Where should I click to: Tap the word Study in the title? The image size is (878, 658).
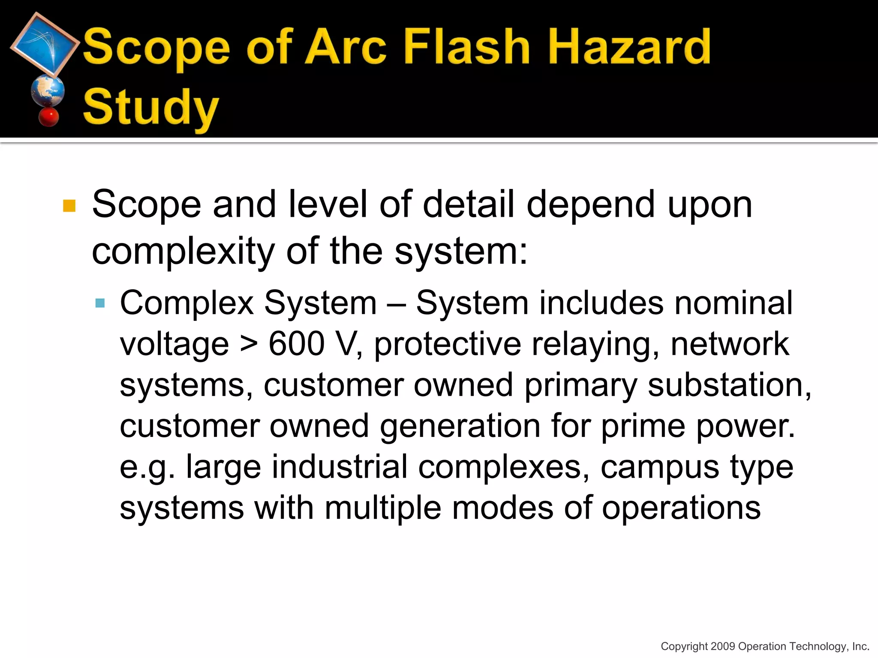click(151, 107)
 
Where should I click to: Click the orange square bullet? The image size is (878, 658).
click(69, 206)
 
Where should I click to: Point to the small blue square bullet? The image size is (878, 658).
click(100, 303)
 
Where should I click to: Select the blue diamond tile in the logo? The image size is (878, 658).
click(45, 44)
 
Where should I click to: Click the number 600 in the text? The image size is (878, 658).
click(296, 344)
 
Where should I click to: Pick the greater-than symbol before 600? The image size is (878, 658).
click(249, 344)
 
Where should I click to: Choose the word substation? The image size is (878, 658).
click(729, 385)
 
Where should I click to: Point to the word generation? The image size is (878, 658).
click(460, 427)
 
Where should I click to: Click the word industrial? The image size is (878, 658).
click(297, 467)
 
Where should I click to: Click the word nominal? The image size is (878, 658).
click(734, 303)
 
